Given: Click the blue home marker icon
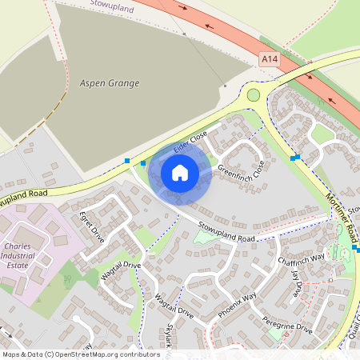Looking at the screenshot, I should click(180, 173).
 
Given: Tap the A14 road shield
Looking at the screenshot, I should click(270, 59).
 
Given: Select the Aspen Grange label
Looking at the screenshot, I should click(110, 83).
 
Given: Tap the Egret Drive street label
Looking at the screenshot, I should click(92, 227).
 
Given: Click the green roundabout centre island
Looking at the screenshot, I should click(254, 95).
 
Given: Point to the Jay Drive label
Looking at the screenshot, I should click(298, 283).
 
